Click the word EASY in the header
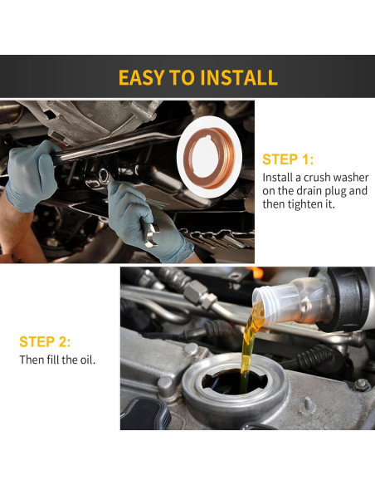141,78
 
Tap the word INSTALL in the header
237,78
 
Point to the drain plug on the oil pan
103,174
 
